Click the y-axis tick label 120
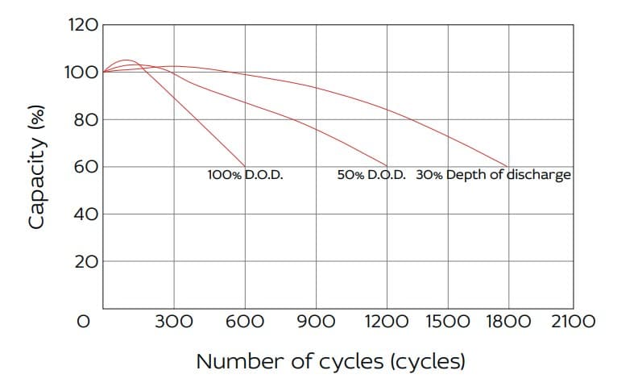pyautogui.click(x=84, y=25)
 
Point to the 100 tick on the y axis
pyautogui.click(x=82, y=73)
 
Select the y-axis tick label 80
pyautogui.click(x=86, y=120)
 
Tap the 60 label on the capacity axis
pyautogui.click(x=86, y=167)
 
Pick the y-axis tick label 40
pyautogui.click(x=86, y=214)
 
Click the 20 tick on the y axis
pyautogui.click(x=86, y=261)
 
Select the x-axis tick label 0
pyautogui.click(x=84, y=322)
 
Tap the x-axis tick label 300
pyautogui.click(x=174, y=322)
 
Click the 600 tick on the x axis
pyautogui.click(x=245, y=322)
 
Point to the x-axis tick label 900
pyautogui.click(x=316, y=322)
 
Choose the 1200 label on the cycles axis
pyautogui.click(x=387, y=322)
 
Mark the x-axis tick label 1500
pyautogui.click(x=448, y=322)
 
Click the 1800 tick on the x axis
pyautogui.click(x=508, y=322)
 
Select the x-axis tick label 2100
pyautogui.click(x=574, y=322)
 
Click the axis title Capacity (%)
pyautogui.click(x=36, y=167)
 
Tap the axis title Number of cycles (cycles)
pyautogui.click(x=330, y=362)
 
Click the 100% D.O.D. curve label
pyautogui.click(x=246, y=175)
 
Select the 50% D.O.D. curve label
pyautogui.click(x=371, y=175)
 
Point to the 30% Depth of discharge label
pyautogui.click(x=493, y=175)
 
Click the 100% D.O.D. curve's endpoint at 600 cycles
pyautogui.click(x=245, y=167)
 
